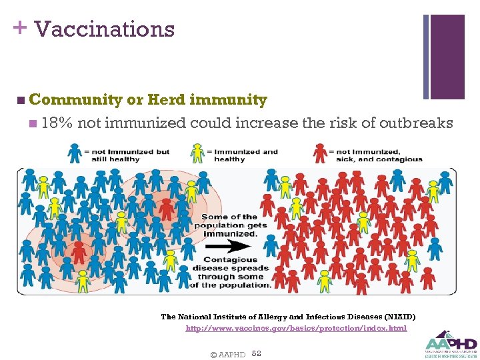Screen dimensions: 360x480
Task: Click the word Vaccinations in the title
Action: click(104, 29)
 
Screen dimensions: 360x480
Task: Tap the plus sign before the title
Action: click(19, 28)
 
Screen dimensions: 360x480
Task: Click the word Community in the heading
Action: click(75, 100)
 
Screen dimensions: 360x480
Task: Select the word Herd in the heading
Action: click(166, 100)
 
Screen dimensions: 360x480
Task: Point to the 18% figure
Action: click(57, 123)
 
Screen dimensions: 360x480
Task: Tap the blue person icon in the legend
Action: click(75, 153)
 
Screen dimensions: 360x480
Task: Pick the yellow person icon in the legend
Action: click(197, 153)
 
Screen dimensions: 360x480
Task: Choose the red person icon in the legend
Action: click(319, 153)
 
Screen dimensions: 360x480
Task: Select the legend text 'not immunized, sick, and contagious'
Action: click(376, 155)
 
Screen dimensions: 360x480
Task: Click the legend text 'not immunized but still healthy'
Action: click(127, 155)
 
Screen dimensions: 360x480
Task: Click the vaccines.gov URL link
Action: click(295, 329)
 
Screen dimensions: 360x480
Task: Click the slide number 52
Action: click(257, 353)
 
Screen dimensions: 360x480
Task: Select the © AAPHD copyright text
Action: click(227, 354)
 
